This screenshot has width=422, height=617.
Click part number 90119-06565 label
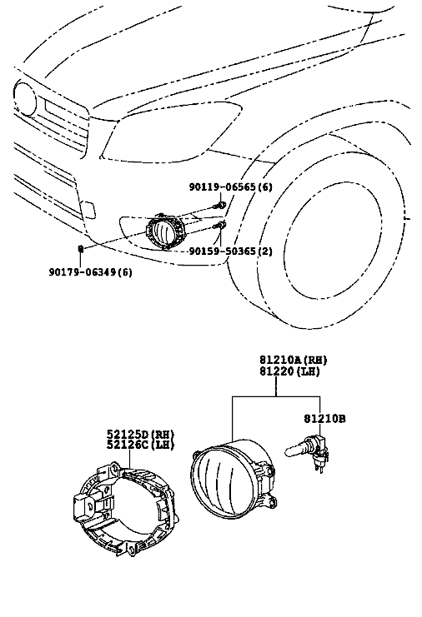[230, 187]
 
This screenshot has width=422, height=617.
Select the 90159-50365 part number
[230, 251]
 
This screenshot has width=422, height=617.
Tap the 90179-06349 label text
[91, 272]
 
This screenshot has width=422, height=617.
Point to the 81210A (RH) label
[294, 360]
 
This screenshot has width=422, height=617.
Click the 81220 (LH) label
[289, 371]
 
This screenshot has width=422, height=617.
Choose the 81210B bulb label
[324, 419]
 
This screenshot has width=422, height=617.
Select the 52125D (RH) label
[140, 434]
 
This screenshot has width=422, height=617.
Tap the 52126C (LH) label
[140, 445]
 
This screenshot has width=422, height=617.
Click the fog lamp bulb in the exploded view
[306, 452]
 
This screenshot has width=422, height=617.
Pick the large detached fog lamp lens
[233, 480]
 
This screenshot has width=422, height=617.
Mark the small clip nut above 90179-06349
[81, 248]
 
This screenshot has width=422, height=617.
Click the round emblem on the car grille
[24, 98]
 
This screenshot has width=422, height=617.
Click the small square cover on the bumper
[88, 209]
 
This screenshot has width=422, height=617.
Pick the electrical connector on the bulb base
[321, 456]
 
